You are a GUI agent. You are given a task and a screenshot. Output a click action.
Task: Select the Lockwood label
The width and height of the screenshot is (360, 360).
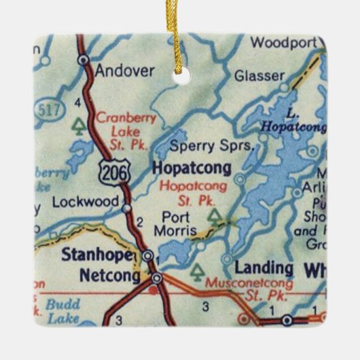[80, 202]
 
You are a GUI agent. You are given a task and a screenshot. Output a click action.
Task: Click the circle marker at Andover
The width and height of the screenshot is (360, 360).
[83, 60]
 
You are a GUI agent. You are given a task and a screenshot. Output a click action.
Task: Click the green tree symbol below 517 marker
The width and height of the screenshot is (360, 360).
[79, 126]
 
